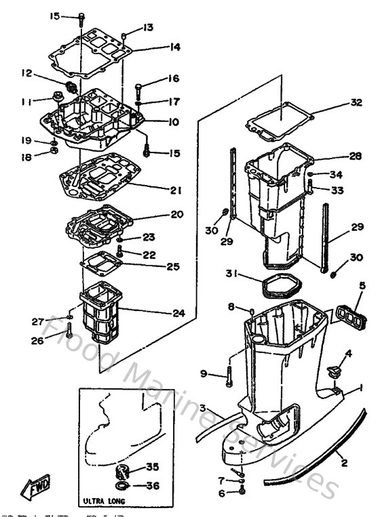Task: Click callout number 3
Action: [203, 408]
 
